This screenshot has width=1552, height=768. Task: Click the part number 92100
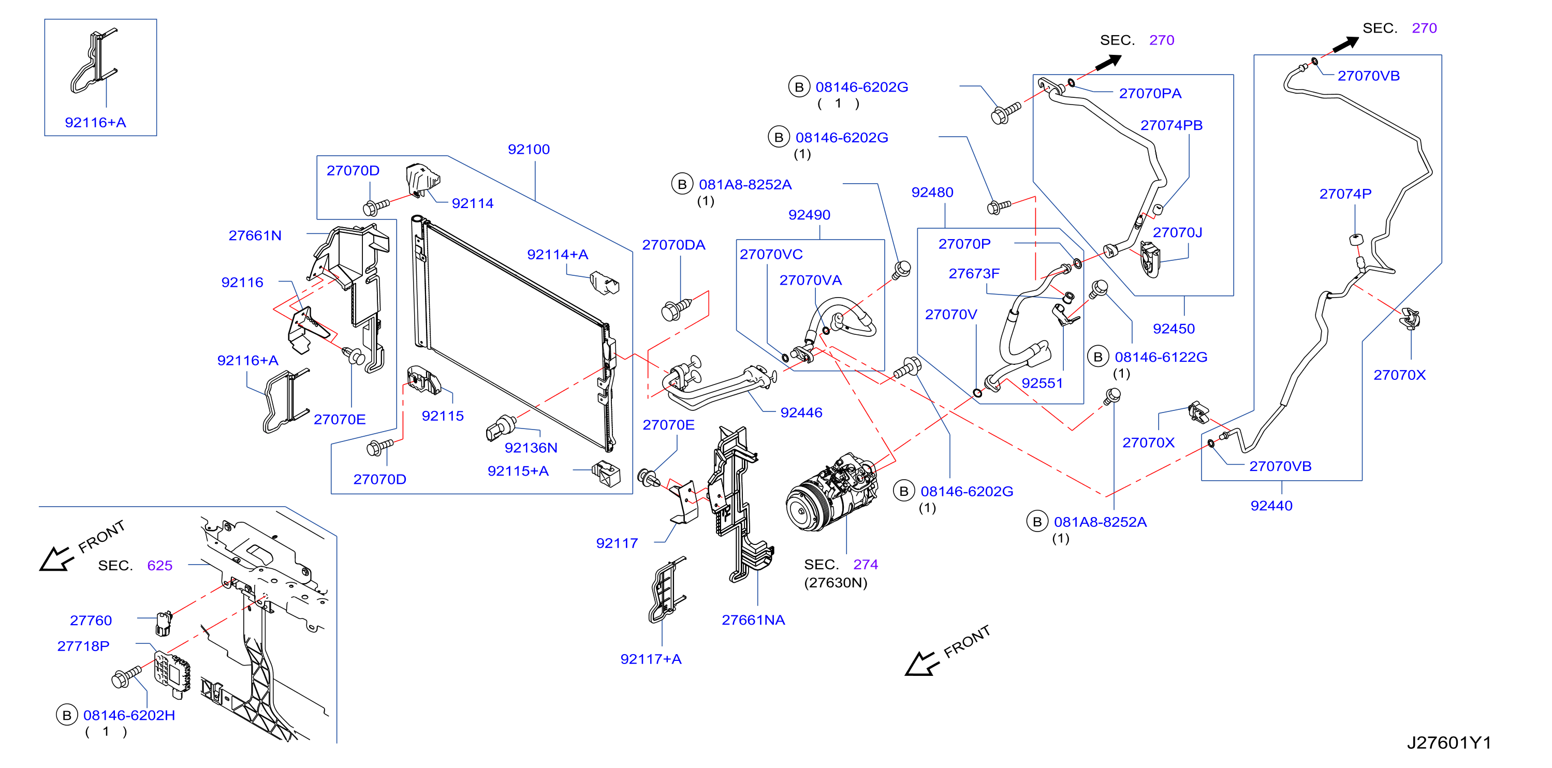(529, 150)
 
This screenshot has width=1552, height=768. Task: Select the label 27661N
(255, 235)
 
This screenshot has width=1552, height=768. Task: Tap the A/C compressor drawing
(831, 492)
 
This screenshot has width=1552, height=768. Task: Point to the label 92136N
(531, 448)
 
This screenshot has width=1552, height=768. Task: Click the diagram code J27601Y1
(1449, 743)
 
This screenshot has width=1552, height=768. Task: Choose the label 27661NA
(753, 621)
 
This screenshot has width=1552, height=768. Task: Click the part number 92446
(801, 412)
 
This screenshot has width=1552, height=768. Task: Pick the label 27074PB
(1171, 125)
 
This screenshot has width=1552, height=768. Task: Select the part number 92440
(1271, 506)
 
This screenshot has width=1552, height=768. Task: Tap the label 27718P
(83, 646)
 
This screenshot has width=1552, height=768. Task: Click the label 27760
(91, 621)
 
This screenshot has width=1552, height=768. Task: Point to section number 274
(865, 565)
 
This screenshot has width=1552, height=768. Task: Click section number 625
(159, 566)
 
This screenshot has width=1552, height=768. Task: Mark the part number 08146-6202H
(129, 716)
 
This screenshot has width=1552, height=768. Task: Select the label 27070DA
(673, 245)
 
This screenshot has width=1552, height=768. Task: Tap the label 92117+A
(651, 659)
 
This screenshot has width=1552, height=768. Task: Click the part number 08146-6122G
(1161, 357)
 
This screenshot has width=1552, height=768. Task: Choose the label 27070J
(1177, 232)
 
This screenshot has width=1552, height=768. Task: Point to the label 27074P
(1345, 194)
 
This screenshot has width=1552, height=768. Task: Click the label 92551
(1042, 383)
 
